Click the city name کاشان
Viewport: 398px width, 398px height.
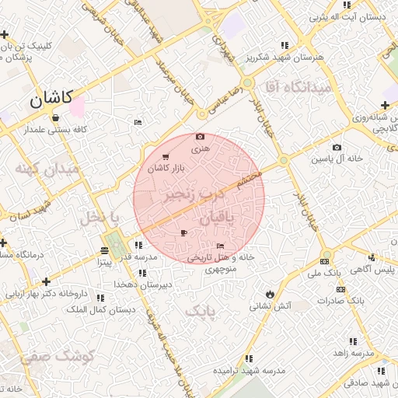[x=51, y=98]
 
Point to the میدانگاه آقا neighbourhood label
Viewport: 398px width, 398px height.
[x=298, y=86]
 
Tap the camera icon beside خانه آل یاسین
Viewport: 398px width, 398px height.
[x=337, y=148]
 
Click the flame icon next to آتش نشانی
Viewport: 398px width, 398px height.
[x=269, y=295]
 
